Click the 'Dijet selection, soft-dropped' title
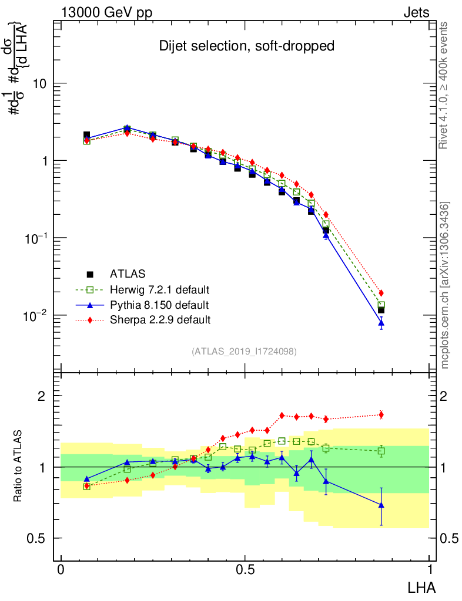point(247,46)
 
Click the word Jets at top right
point(416,12)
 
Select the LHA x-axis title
point(421,586)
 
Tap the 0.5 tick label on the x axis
point(245,570)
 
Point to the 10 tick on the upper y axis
point(41,83)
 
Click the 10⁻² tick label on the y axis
point(35,316)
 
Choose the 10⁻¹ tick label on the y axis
point(35,238)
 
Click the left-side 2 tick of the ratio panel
point(42,396)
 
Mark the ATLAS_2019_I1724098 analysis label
point(244,352)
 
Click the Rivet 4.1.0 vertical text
point(444,85)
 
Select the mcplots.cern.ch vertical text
point(445,285)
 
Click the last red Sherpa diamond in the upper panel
point(381,293)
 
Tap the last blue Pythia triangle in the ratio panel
point(381,505)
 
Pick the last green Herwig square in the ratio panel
point(381,451)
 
